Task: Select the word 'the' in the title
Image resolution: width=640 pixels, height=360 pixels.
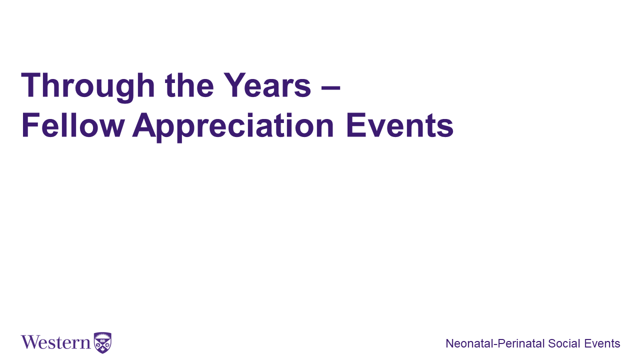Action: [x=189, y=85]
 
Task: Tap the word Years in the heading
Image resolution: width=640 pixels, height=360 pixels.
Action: [x=267, y=85]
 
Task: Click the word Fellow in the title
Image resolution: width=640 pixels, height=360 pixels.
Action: [x=73, y=125]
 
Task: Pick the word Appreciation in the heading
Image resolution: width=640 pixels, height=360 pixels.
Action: [x=233, y=127]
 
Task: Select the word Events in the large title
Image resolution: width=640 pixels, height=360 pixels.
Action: [x=399, y=125]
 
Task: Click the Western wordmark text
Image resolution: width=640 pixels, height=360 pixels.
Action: [x=55, y=342]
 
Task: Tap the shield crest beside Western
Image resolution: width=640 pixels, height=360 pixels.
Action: [x=102, y=343]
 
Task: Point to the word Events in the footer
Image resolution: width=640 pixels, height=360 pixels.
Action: [x=602, y=343]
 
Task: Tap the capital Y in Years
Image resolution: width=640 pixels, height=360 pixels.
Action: [x=235, y=85]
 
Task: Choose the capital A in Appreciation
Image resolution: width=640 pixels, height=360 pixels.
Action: [x=144, y=125]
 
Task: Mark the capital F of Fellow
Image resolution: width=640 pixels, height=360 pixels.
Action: [x=30, y=125]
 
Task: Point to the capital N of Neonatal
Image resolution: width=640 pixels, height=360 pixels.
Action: [x=450, y=343]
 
